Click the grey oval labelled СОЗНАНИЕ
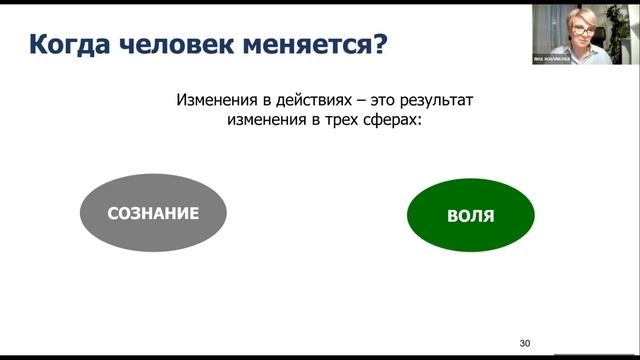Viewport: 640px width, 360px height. click(153, 213)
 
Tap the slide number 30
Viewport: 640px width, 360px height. click(525, 344)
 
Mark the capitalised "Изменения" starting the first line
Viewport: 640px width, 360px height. click(220, 100)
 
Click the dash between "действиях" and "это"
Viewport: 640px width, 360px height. click(357, 100)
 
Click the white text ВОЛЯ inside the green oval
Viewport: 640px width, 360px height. click(471, 215)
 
